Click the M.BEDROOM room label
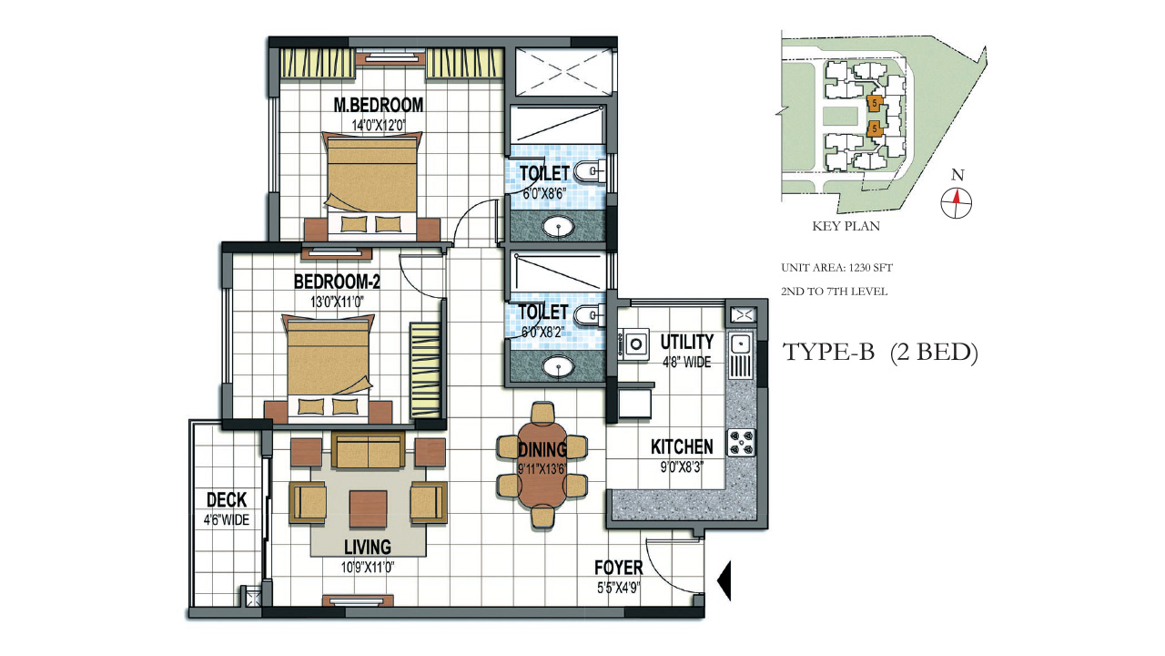click(378, 105)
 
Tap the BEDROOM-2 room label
click(337, 282)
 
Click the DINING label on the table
click(542, 449)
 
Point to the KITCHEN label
click(682, 447)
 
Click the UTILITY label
click(686, 343)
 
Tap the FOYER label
click(619, 569)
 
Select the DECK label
click(227, 500)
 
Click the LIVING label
click(368, 547)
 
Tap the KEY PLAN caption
click(846, 226)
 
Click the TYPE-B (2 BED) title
click(880, 354)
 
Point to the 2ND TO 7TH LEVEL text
click(834, 292)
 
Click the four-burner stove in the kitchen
click(741, 442)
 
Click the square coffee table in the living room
click(368, 505)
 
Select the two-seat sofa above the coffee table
click(368, 450)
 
